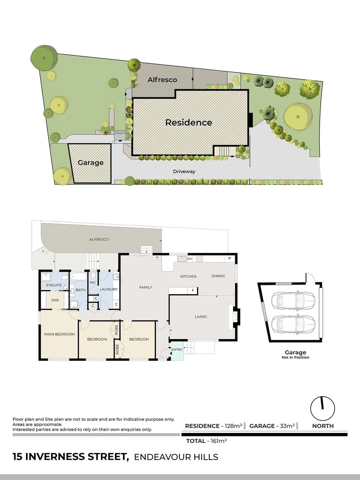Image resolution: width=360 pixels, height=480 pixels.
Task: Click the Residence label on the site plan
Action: [188, 123]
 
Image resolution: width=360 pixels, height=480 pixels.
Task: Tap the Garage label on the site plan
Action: [91, 163]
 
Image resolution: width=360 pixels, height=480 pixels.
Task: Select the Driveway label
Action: [184, 172]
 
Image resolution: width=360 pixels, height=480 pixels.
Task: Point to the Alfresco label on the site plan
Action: [162, 80]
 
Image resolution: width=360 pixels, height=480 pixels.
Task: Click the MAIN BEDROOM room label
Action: [59, 334]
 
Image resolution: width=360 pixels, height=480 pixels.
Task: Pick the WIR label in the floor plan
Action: [55, 300]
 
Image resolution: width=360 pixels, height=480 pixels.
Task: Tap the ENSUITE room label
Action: [54, 284]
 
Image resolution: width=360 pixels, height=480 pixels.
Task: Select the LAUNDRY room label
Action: [108, 289]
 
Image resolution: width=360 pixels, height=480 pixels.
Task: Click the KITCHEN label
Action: [188, 276]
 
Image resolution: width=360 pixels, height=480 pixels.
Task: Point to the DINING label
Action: [218, 276]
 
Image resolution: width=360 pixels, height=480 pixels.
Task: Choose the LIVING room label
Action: [201, 317]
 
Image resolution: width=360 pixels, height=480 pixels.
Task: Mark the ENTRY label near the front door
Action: [177, 350]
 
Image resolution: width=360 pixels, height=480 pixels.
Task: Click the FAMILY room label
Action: [146, 288]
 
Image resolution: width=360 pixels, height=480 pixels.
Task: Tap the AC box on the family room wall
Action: [157, 257]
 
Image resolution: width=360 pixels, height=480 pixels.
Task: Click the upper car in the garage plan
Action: [295, 301]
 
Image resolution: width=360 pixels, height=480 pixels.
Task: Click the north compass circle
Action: [322, 408]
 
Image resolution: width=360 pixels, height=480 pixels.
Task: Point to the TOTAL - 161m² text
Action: [206, 441]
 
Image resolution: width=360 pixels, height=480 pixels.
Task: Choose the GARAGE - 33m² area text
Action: [272, 426]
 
